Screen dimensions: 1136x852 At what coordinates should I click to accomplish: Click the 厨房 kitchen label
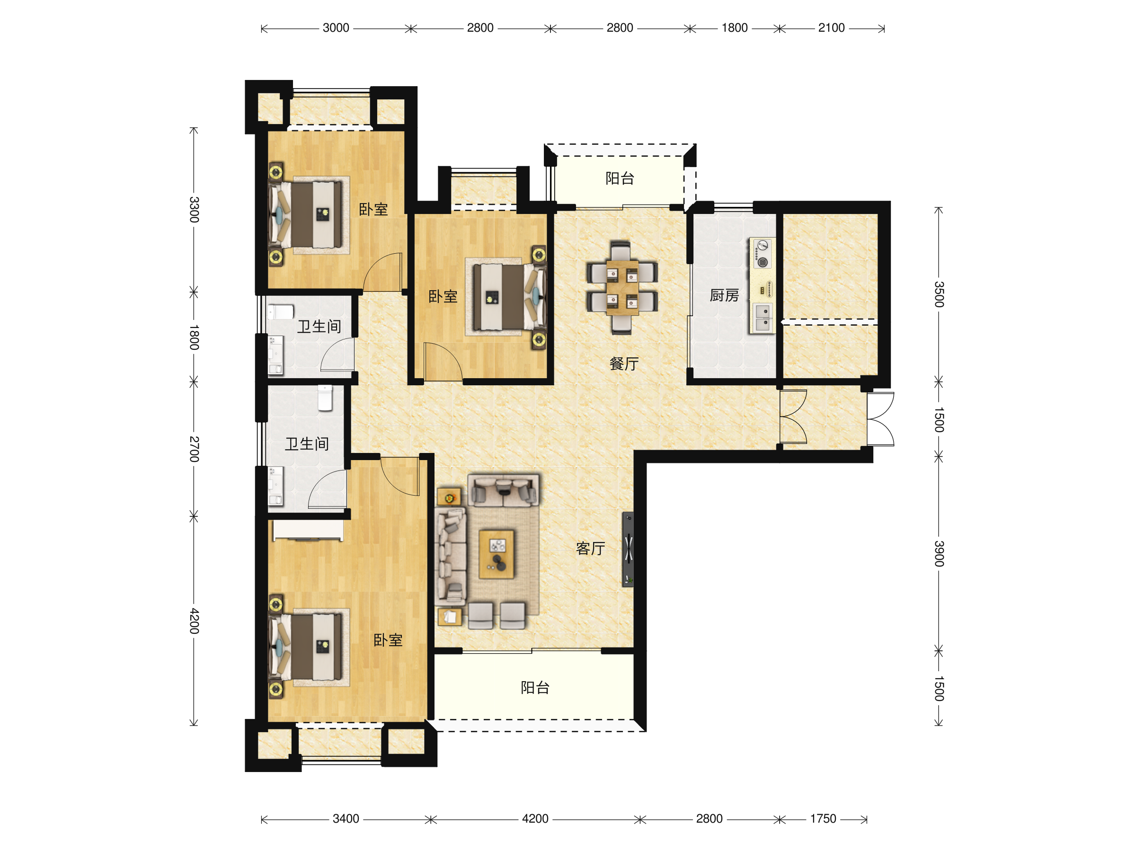724,295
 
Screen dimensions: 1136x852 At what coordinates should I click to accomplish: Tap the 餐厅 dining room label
624,364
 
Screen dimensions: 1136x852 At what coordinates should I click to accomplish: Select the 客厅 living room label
591,549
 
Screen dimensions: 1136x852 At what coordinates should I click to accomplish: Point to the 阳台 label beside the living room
535,687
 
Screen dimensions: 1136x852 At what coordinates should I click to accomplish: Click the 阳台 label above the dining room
620,178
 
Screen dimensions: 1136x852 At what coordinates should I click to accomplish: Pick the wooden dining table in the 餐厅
622,288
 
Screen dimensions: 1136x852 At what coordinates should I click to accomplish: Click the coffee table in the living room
497,555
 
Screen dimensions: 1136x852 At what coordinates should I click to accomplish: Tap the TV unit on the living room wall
628,549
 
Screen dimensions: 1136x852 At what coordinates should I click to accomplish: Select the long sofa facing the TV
451,556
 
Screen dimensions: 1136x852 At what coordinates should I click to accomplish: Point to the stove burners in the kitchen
762,254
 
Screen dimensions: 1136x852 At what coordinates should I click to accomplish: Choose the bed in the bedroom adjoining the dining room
509,297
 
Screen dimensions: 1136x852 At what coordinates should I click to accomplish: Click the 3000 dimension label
336,28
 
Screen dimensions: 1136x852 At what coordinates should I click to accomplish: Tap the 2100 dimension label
832,28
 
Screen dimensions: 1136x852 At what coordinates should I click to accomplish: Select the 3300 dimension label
194,210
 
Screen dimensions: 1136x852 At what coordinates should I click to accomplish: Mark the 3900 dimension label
939,554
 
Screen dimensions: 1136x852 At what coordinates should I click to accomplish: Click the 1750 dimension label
823,818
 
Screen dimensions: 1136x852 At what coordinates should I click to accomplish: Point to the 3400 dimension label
346,818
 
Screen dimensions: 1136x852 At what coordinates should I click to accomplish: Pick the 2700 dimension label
194,449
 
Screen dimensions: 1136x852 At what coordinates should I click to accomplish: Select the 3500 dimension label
939,294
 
